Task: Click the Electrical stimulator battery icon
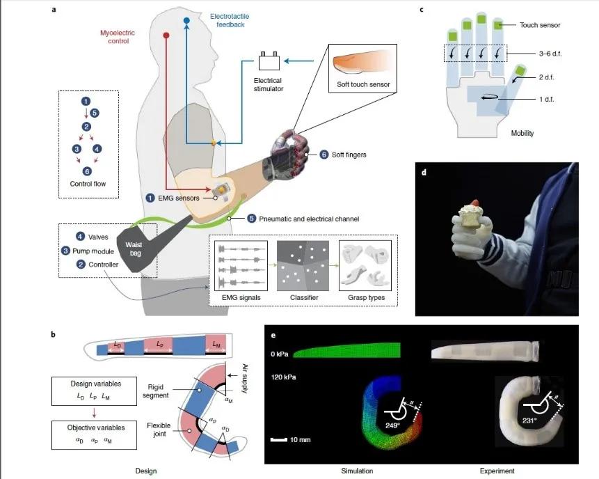click(x=270, y=61)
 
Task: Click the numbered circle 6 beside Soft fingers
click(x=324, y=154)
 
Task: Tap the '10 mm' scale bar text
click(x=301, y=441)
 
